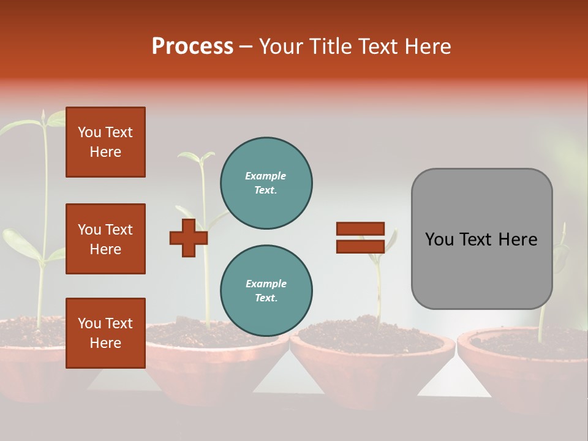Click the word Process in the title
[x=192, y=47]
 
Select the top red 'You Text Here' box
[x=105, y=142]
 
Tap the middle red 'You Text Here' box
[x=105, y=239]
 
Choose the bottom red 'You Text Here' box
[x=105, y=333]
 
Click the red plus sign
[x=189, y=238]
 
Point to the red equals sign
[x=360, y=238]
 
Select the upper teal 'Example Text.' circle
[x=266, y=183]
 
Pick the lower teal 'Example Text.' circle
[x=266, y=291]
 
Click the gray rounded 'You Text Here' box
[x=481, y=239]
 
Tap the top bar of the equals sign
[x=360, y=229]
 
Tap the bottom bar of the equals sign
[x=360, y=246]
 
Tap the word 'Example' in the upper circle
[x=265, y=176]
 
